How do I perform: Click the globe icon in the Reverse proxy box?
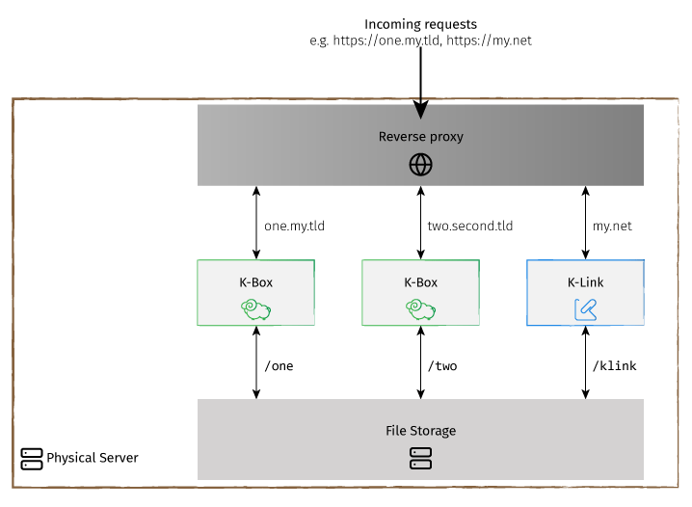coord(420,165)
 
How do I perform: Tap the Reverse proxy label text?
coord(420,137)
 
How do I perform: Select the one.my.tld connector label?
coord(294,227)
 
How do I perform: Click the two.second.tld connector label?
coord(469,227)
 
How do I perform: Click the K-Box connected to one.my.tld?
coord(256,292)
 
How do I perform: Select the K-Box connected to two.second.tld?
coord(420,292)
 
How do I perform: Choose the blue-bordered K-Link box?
coord(585,292)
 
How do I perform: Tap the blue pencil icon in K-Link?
coord(585,308)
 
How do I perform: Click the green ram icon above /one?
coord(256,308)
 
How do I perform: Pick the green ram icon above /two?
coord(420,308)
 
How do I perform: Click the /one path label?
coord(279,366)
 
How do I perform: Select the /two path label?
coord(442,366)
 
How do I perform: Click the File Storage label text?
coord(420,431)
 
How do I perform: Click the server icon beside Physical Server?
coord(32,458)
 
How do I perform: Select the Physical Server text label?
coord(93,458)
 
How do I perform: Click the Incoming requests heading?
coord(420,23)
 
